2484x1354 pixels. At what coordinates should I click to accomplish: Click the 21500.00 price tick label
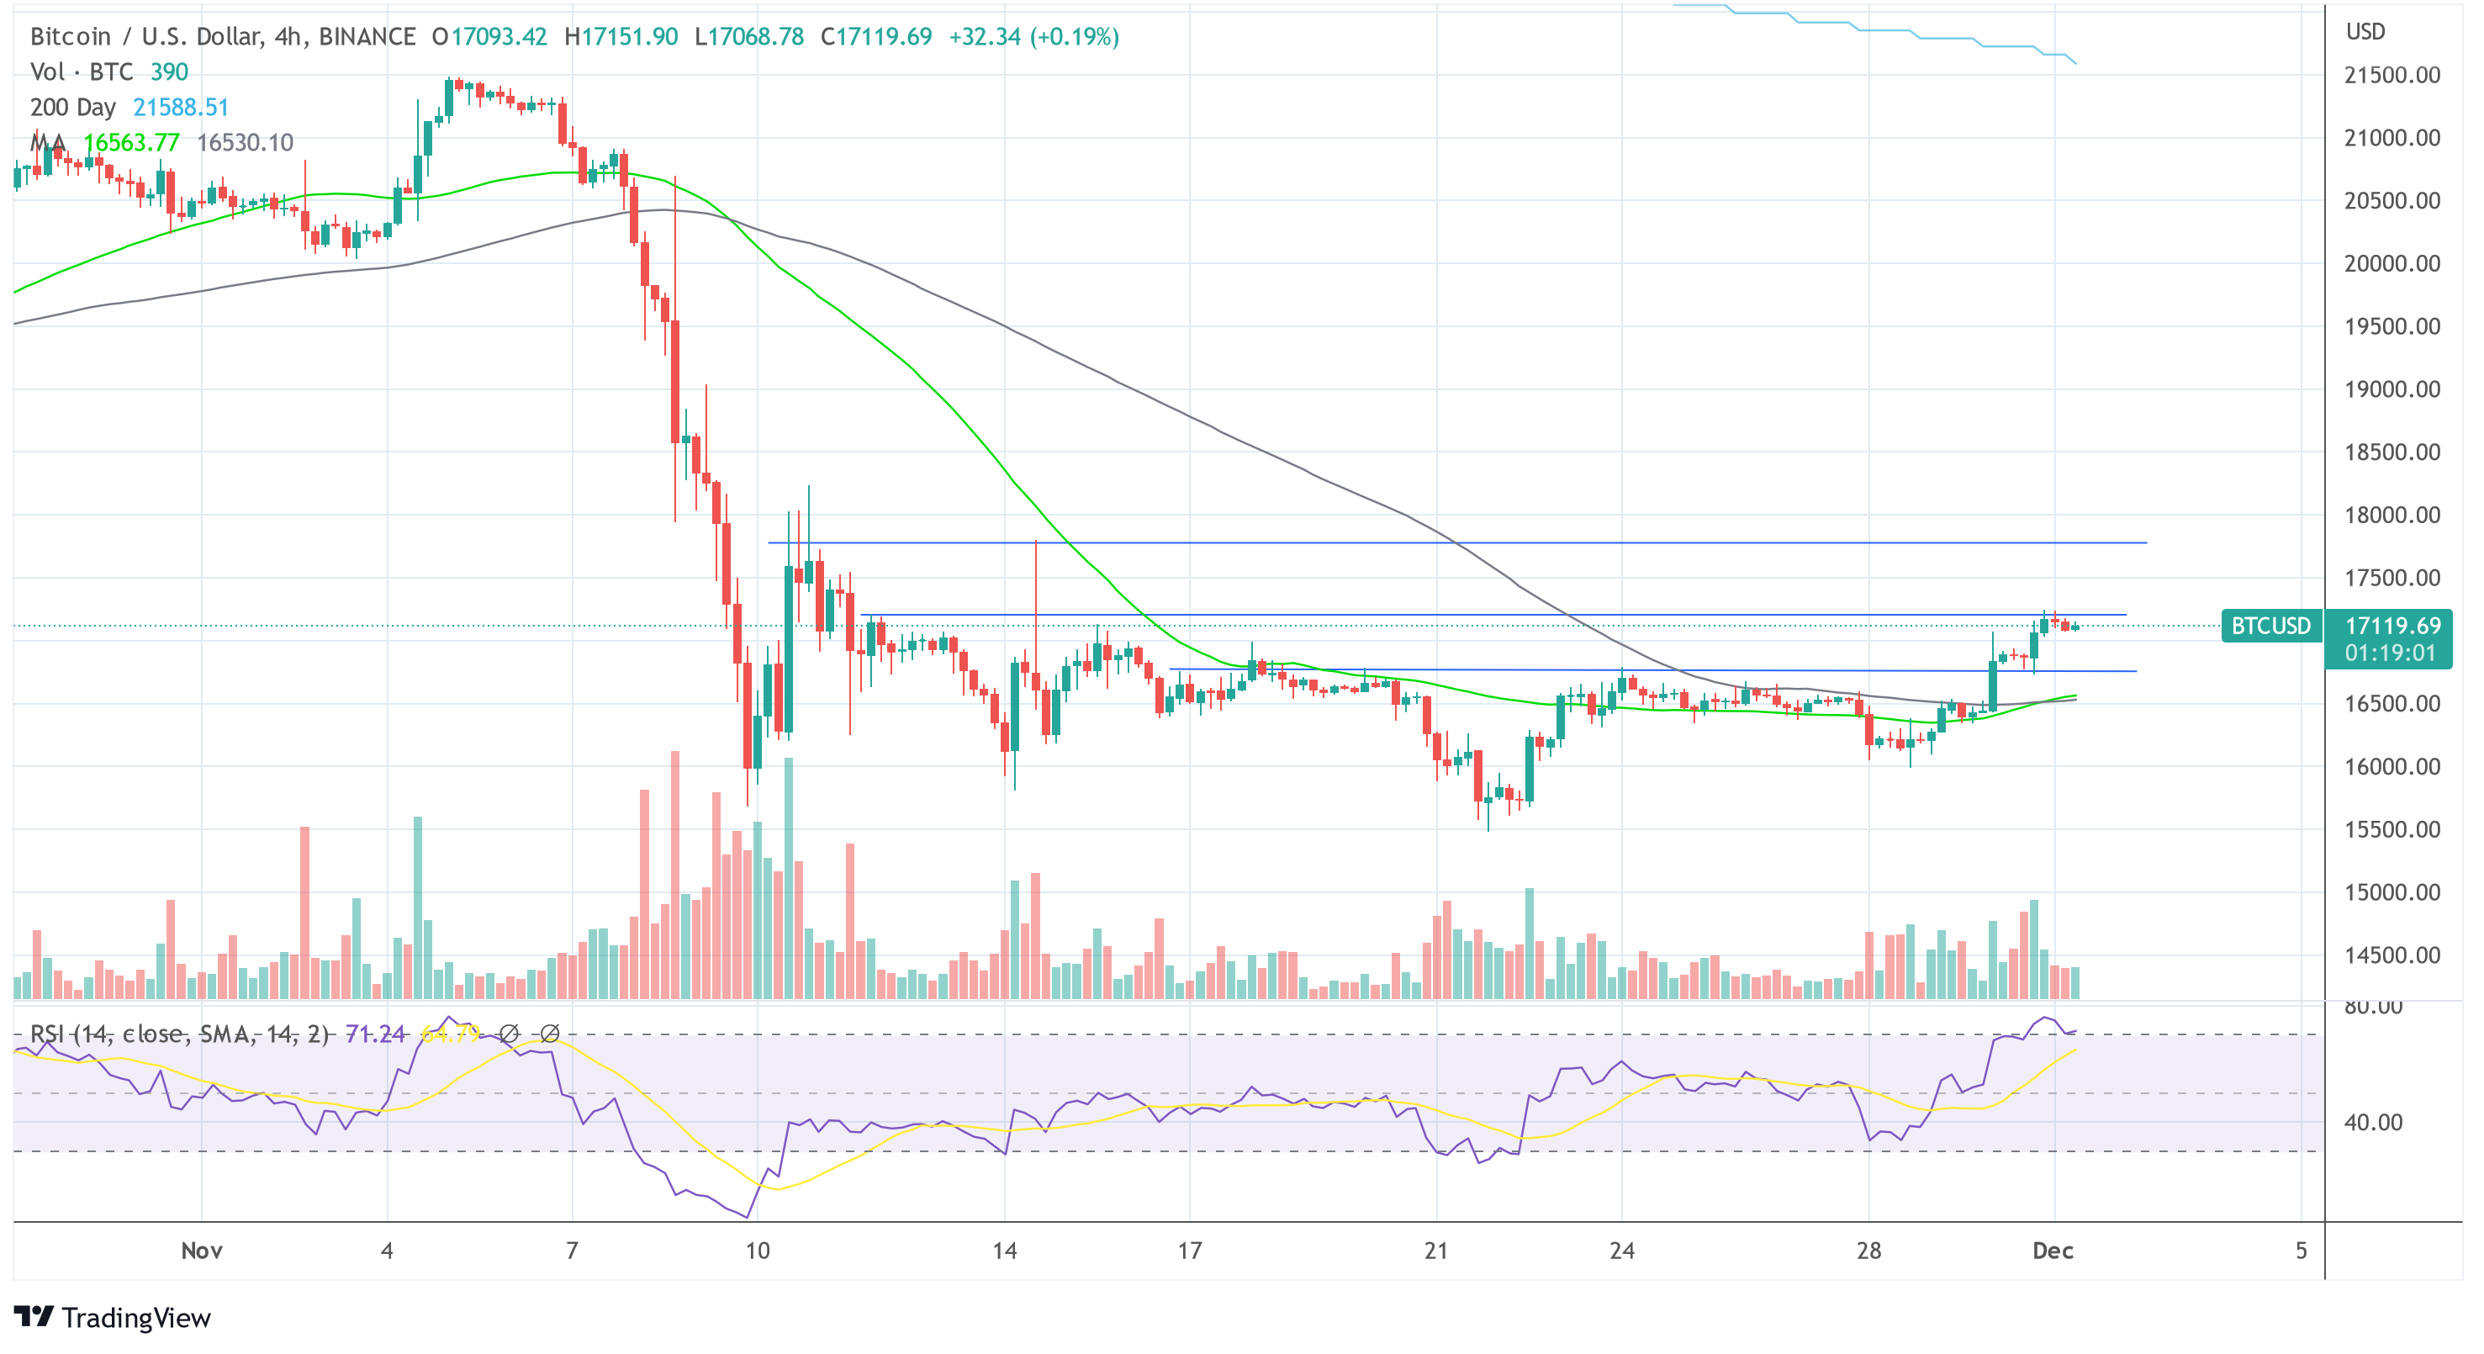(2392, 75)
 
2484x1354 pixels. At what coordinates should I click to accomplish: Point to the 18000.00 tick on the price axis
(2392, 515)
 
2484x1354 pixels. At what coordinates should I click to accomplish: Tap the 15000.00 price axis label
(2392, 892)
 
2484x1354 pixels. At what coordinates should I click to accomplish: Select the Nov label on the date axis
(202, 1251)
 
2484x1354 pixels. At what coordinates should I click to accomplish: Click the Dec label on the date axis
(2052, 1251)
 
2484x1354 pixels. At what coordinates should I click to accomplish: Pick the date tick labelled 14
(1004, 1251)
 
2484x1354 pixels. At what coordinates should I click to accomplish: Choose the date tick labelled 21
(1435, 1251)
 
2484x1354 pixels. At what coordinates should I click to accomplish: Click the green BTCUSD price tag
(2270, 626)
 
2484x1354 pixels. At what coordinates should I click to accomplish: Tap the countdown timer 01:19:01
(2392, 653)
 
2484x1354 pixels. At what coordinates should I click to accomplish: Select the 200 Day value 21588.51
(180, 107)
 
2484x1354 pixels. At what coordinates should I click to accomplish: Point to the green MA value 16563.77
(131, 143)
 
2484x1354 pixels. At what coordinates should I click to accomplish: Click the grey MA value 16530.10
(245, 143)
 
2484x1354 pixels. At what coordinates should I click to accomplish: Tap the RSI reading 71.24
(374, 1034)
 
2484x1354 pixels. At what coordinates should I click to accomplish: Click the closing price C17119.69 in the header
(875, 37)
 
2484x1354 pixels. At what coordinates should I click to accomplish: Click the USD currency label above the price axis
(2365, 32)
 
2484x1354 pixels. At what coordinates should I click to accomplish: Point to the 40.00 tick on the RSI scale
(2372, 1122)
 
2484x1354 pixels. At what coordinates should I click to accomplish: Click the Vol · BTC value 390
(169, 72)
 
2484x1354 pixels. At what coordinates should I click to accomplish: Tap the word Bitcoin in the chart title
(71, 37)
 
